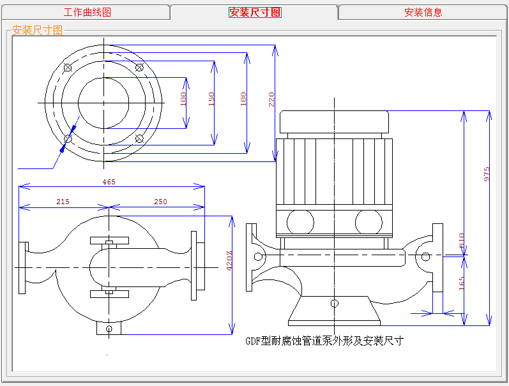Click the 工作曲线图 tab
coord(87,12)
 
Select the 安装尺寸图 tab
coord(254,12)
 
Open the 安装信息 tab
coord(423,12)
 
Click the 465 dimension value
coord(109,182)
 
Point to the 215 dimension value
coord(63,202)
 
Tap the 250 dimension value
coord(160,202)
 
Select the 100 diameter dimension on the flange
coord(184,99)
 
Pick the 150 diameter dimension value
coord(212,99)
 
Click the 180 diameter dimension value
coord(243,99)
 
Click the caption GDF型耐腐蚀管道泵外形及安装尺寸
coord(324,341)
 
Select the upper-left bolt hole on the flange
coord(68,68)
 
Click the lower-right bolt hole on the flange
coord(139,138)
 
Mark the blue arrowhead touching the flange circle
coord(63,147)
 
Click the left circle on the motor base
coord(300,222)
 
